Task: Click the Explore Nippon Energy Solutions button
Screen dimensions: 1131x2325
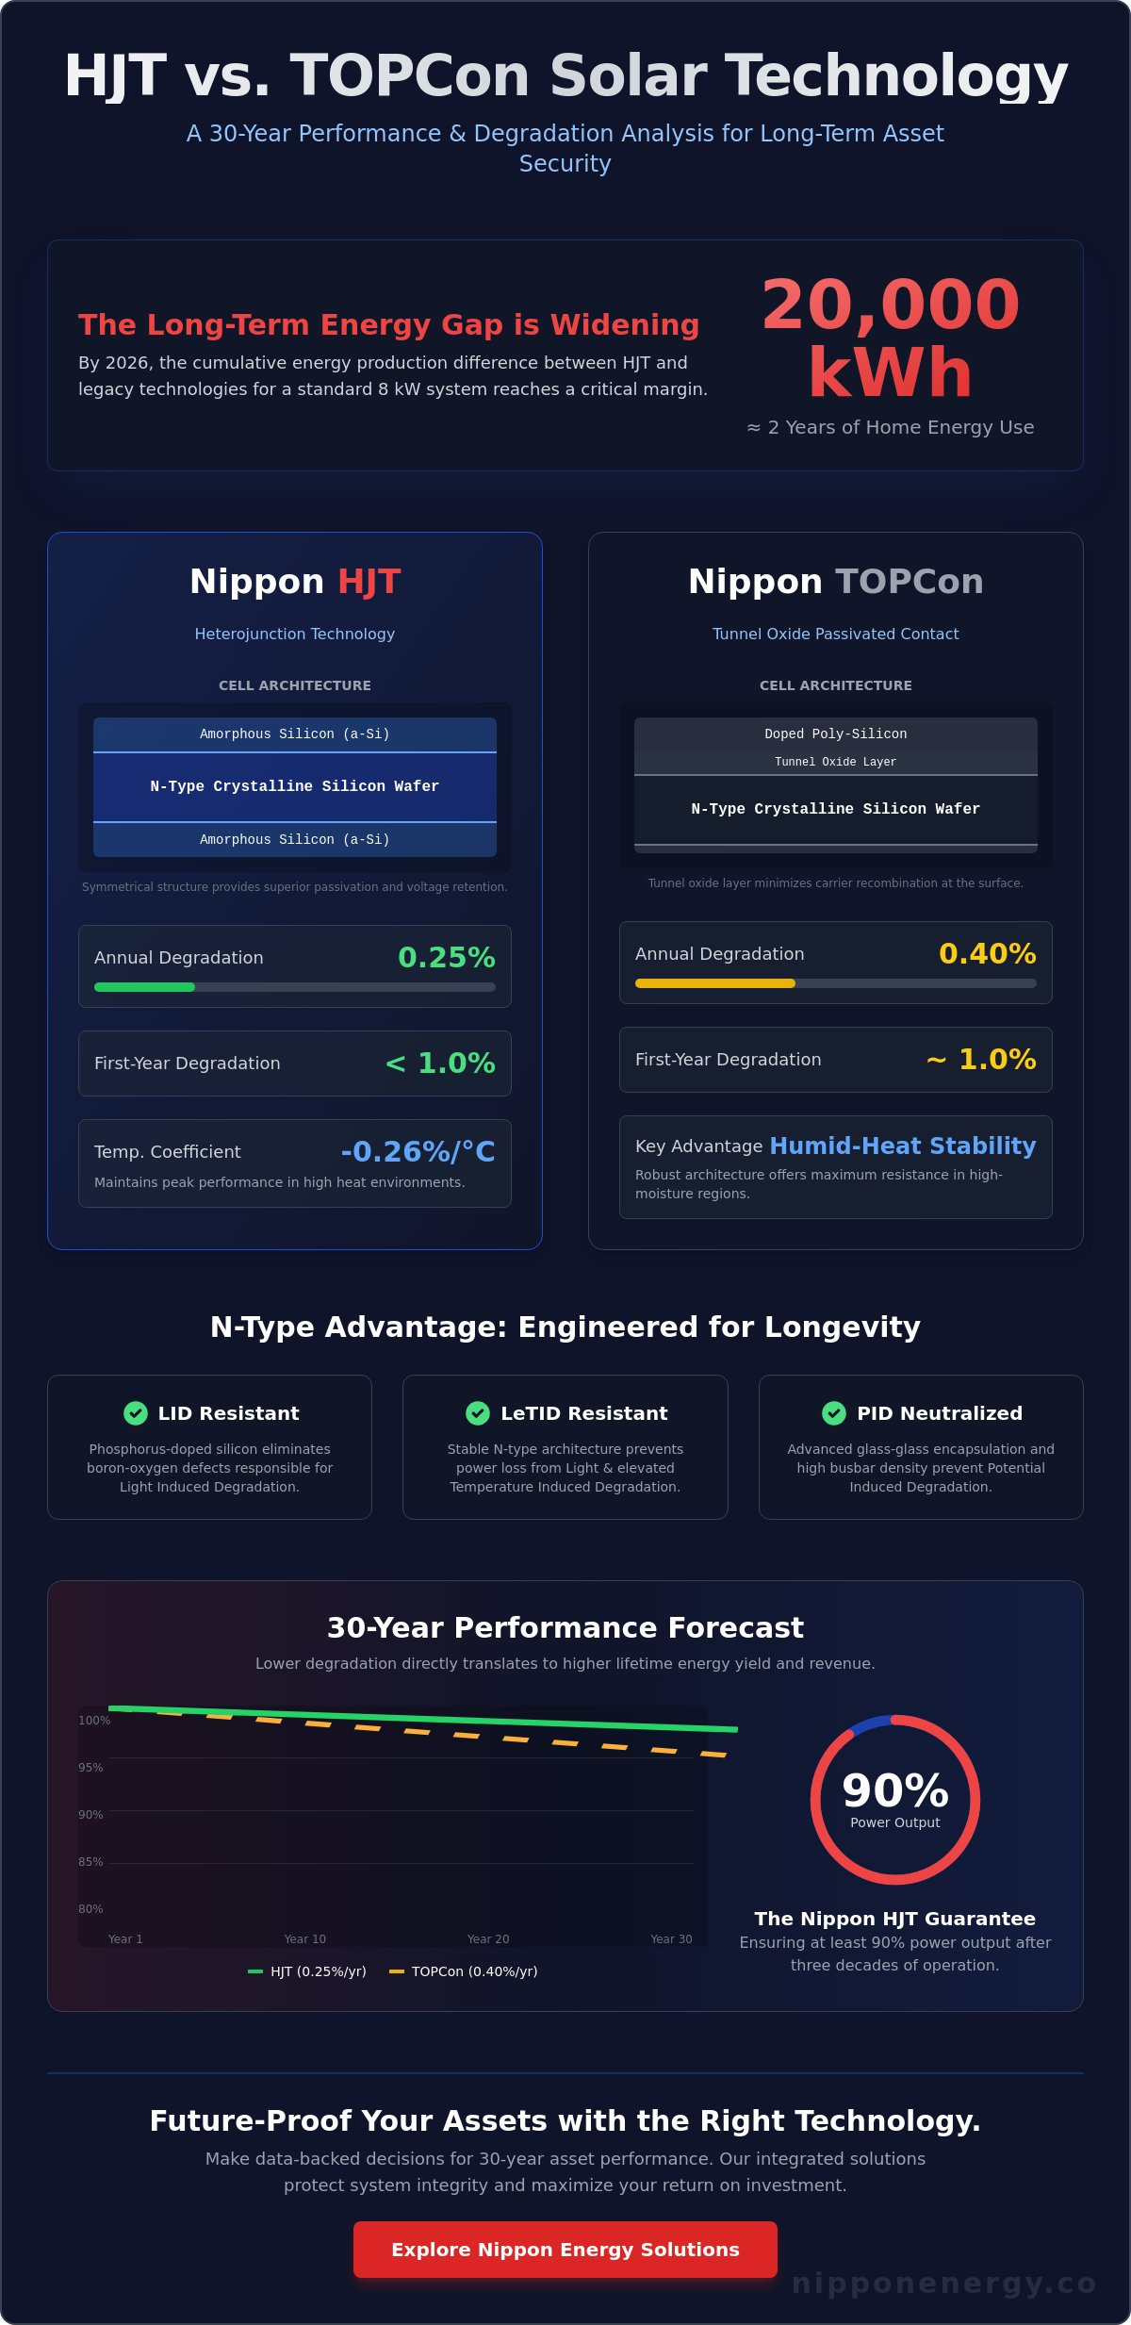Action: [565, 2249]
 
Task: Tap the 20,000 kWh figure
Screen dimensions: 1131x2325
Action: [891, 338]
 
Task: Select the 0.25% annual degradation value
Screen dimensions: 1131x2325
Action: [447, 957]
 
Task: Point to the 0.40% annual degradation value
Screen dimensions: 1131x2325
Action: [988, 953]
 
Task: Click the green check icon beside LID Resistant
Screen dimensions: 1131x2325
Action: [136, 1412]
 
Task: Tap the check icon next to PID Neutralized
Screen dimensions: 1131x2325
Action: [834, 1412]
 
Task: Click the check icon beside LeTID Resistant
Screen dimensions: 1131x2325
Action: [478, 1412]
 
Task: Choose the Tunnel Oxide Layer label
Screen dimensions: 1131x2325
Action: [836, 762]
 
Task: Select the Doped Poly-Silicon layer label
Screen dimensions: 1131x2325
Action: [836, 734]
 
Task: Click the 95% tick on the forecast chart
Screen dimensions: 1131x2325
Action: [90, 1767]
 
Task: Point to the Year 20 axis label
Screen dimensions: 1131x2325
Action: [488, 1938]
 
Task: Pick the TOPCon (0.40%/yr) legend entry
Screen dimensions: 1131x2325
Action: [464, 1970]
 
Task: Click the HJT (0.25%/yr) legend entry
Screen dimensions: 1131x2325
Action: [307, 1970]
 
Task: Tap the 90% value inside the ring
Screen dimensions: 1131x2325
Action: [895, 1789]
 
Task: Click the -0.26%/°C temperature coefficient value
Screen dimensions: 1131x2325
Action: [418, 1151]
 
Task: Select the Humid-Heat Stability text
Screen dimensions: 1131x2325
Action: [903, 1146]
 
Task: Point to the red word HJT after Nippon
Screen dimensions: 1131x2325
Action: [369, 582]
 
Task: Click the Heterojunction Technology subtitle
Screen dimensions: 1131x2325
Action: [295, 634]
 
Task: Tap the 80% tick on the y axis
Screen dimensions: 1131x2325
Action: [90, 1908]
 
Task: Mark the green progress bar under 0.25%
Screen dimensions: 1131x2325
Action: [144, 987]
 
